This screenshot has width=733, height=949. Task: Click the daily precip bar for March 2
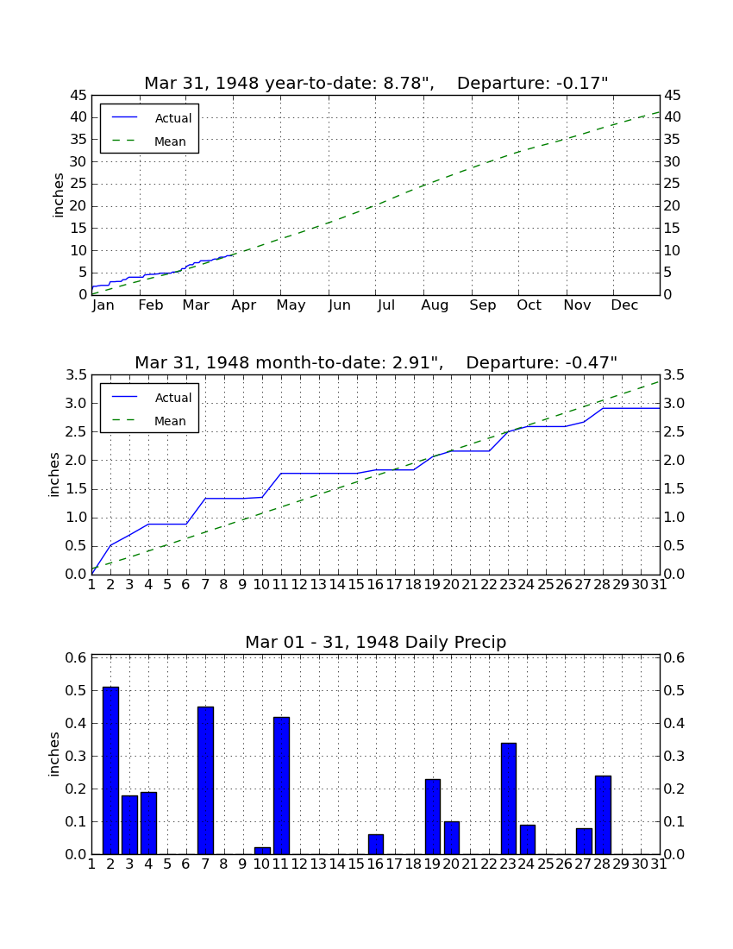[x=110, y=770]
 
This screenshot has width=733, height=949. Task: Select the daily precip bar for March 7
[x=205, y=781]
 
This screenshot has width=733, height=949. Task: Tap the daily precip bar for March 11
[x=281, y=786]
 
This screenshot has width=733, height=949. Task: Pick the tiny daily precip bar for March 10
[x=262, y=851]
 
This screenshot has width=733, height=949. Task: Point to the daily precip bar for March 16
[x=376, y=845]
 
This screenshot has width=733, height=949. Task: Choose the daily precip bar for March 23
[x=509, y=799]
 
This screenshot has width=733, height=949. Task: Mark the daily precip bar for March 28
[x=603, y=815]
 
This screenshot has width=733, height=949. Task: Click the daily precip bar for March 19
[x=432, y=817]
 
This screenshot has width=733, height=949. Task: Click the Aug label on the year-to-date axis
[x=435, y=305]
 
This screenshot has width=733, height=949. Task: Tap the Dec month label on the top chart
[x=624, y=305]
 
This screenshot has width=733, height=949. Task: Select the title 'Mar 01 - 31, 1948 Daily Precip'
[x=376, y=642]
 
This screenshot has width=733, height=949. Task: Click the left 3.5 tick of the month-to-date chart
[x=76, y=375]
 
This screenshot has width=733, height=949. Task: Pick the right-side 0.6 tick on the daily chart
[x=674, y=658]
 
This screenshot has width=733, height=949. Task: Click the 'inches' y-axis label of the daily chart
[x=54, y=755]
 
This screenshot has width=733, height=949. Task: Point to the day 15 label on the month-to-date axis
[x=356, y=585]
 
